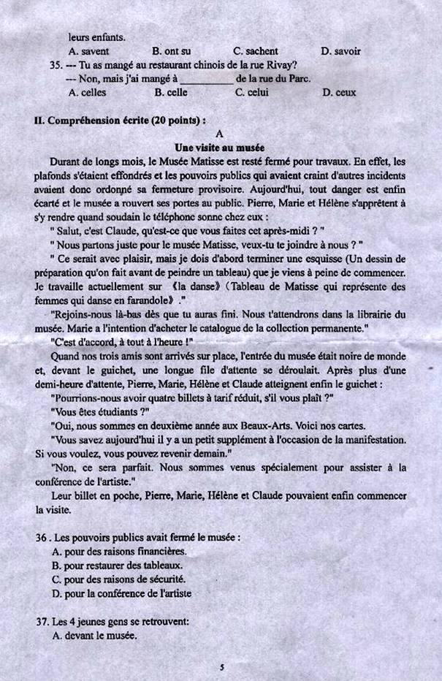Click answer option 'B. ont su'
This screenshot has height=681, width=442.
(x=172, y=51)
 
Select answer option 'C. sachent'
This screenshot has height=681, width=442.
(x=256, y=51)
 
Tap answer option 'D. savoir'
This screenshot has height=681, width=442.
(x=340, y=51)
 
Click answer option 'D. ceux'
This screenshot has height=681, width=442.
(x=339, y=93)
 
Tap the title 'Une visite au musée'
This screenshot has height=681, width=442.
(x=220, y=148)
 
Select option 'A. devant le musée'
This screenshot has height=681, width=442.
(x=95, y=636)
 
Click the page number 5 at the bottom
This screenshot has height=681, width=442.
(x=221, y=667)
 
